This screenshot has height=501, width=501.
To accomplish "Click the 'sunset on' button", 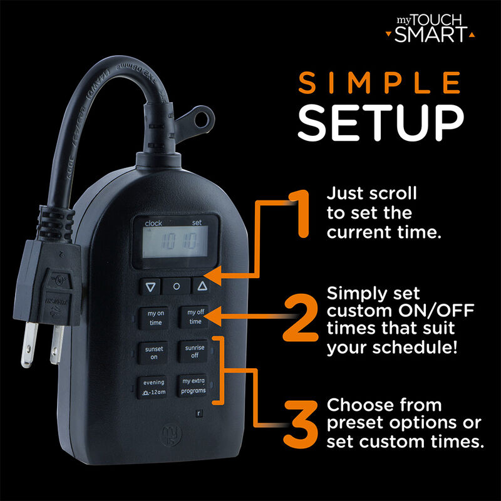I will coord(154,353).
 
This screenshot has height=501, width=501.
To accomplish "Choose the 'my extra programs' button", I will coord(194,386).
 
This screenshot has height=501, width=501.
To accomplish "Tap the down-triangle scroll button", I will coord(149,287).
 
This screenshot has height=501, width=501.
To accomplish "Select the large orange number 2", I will coord(305,319).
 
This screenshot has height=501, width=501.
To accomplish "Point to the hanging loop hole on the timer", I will coord(202,121).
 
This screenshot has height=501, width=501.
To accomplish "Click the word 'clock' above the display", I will coord(153,222).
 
